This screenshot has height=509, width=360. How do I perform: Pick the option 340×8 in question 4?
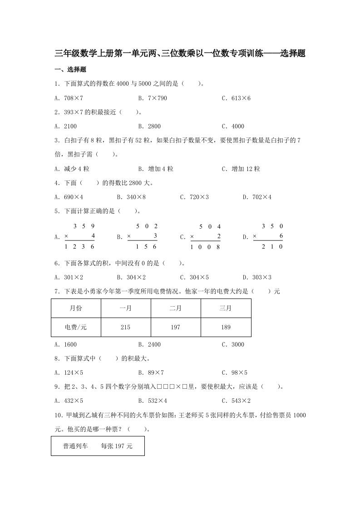tap(135, 197)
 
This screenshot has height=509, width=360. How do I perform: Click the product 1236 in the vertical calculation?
tap(79, 246)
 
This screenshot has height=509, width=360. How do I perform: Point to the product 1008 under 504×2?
tap(205, 247)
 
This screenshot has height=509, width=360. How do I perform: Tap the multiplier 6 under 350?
tap(281, 236)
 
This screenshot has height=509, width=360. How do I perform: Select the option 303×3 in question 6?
tap(260, 277)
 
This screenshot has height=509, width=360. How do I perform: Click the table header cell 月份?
tap(76, 308)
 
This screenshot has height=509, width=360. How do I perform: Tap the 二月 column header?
tap(176, 308)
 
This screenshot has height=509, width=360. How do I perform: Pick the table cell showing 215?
tap(126, 327)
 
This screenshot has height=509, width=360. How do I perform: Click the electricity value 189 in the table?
tap(226, 327)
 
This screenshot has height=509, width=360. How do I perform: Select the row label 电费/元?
tap(76, 327)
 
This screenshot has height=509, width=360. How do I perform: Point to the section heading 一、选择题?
tap(70, 70)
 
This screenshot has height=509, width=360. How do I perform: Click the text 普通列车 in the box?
tap(76, 446)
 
